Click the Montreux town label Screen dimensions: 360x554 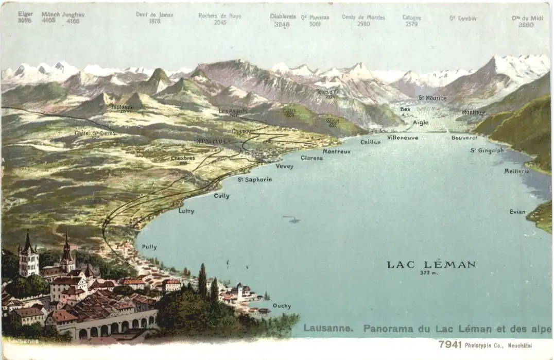coord(336,151)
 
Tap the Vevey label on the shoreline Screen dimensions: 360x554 coord(284,166)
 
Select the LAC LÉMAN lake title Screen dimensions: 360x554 coord(431,265)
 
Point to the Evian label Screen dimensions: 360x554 coord(517,212)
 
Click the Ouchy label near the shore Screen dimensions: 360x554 coord(282,306)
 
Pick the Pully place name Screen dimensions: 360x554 coord(149,247)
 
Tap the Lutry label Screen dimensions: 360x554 coord(186,211)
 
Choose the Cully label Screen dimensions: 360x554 coord(221,196)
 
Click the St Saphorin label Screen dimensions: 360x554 coord(254,180)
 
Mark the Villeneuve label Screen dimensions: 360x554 coord(403,138)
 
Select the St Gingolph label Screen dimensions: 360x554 coord(487,150)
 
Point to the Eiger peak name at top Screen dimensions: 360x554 coord(25,14)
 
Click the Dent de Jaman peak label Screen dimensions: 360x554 coord(155,14)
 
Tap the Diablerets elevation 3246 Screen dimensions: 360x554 coord(282,24)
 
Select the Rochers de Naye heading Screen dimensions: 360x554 coord(219,15)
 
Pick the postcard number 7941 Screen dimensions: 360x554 coord(449,345)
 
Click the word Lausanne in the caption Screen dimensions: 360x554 coord(327,328)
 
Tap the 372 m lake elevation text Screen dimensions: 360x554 coord(428,273)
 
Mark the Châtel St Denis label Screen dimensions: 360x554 coord(95,133)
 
